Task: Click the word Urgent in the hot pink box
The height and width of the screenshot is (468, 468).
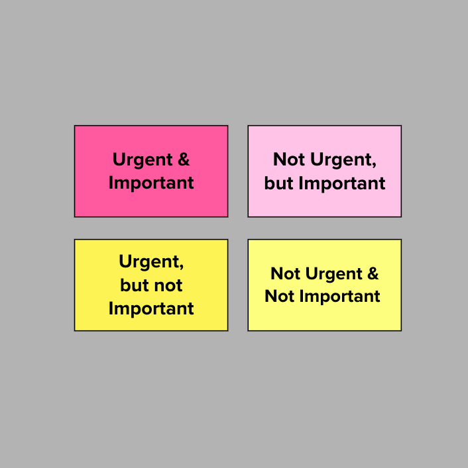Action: pyautogui.click(x=143, y=160)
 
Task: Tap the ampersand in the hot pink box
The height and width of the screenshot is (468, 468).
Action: pyautogui.click(x=184, y=159)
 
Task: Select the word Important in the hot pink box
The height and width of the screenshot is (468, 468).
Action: pyautogui.click(x=151, y=183)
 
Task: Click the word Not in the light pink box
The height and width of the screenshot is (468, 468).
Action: pyautogui.click(x=289, y=159)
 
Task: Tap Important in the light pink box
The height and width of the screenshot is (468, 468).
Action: pyautogui.click(x=342, y=183)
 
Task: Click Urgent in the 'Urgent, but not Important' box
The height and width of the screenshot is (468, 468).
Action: pyautogui.click(x=149, y=262)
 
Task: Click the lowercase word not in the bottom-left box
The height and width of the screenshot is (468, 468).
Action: pyautogui.click(x=168, y=285)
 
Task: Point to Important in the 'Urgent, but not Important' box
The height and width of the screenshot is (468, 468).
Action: pyautogui.click(x=151, y=308)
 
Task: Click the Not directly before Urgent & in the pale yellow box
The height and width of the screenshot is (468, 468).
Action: pyautogui.click(x=286, y=273)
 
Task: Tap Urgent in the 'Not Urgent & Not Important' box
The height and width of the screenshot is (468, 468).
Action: pyautogui.click(x=334, y=274)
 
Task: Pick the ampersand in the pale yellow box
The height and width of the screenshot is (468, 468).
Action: pyautogui.click(x=373, y=273)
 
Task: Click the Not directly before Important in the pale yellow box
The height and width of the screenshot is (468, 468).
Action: pyautogui.click(x=280, y=296)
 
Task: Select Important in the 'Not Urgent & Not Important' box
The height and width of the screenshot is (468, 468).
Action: pyautogui.click(x=339, y=297)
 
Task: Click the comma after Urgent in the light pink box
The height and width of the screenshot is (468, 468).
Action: pyautogui.click(x=374, y=165)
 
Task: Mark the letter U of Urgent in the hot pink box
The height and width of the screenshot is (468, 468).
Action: pyautogui.click(x=119, y=160)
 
